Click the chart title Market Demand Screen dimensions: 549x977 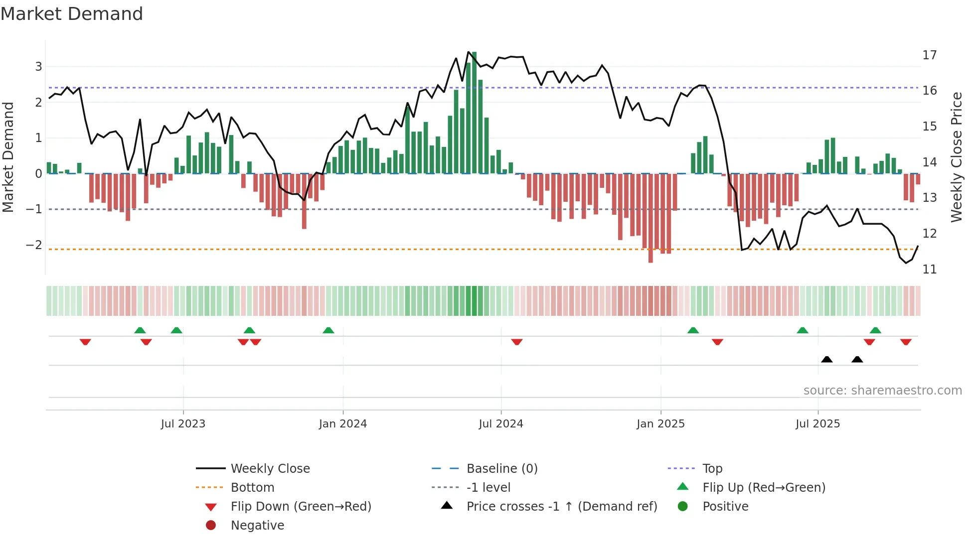72,14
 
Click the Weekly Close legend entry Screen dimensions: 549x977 270,468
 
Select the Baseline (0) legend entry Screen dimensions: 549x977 501,468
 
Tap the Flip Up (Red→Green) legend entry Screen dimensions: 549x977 764,487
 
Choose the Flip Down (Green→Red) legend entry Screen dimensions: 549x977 301,506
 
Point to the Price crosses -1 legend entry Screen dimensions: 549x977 561,506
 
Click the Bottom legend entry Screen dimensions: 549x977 252,487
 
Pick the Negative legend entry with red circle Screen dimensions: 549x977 257,525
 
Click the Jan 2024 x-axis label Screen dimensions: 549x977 343,424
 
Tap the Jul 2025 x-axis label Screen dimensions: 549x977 817,424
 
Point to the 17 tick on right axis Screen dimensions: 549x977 929,55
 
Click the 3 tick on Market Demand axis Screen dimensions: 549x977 38,66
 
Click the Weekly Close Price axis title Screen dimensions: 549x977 956,157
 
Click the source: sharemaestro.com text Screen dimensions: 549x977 882,390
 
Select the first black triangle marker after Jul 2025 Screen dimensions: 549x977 826,359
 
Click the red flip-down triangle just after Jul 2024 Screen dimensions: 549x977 517,342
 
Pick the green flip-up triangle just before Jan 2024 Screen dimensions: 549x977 328,330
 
